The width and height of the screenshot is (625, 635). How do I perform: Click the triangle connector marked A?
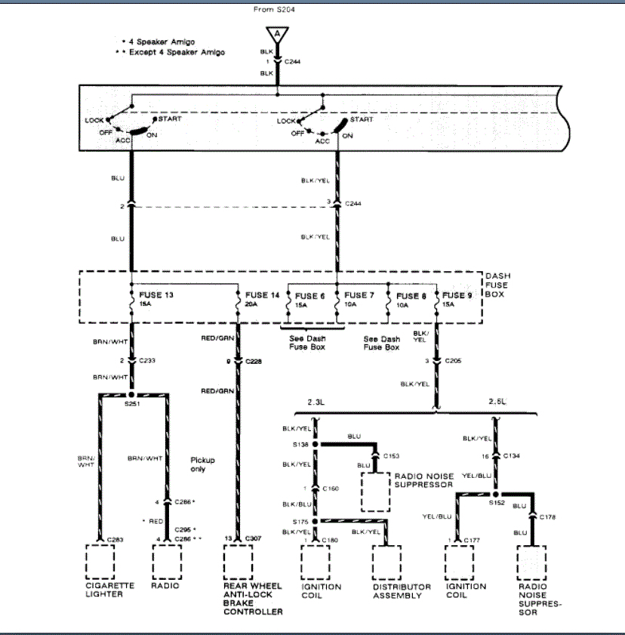click(x=277, y=35)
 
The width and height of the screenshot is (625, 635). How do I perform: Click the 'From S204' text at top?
click(x=276, y=10)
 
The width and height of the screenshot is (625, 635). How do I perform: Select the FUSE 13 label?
click(x=157, y=294)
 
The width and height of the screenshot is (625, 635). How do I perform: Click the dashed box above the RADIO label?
click(x=167, y=559)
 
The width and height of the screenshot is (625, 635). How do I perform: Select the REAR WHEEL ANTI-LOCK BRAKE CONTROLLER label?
click(x=252, y=598)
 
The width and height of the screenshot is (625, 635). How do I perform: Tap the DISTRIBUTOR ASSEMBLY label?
click(x=402, y=590)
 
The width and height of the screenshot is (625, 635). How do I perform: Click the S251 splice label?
click(x=131, y=402)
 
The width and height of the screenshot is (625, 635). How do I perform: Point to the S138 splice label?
click(x=301, y=445)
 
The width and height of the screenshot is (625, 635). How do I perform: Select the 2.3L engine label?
click(x=315, y=403)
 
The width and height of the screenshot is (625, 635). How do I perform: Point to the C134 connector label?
click(x=511, y=457)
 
